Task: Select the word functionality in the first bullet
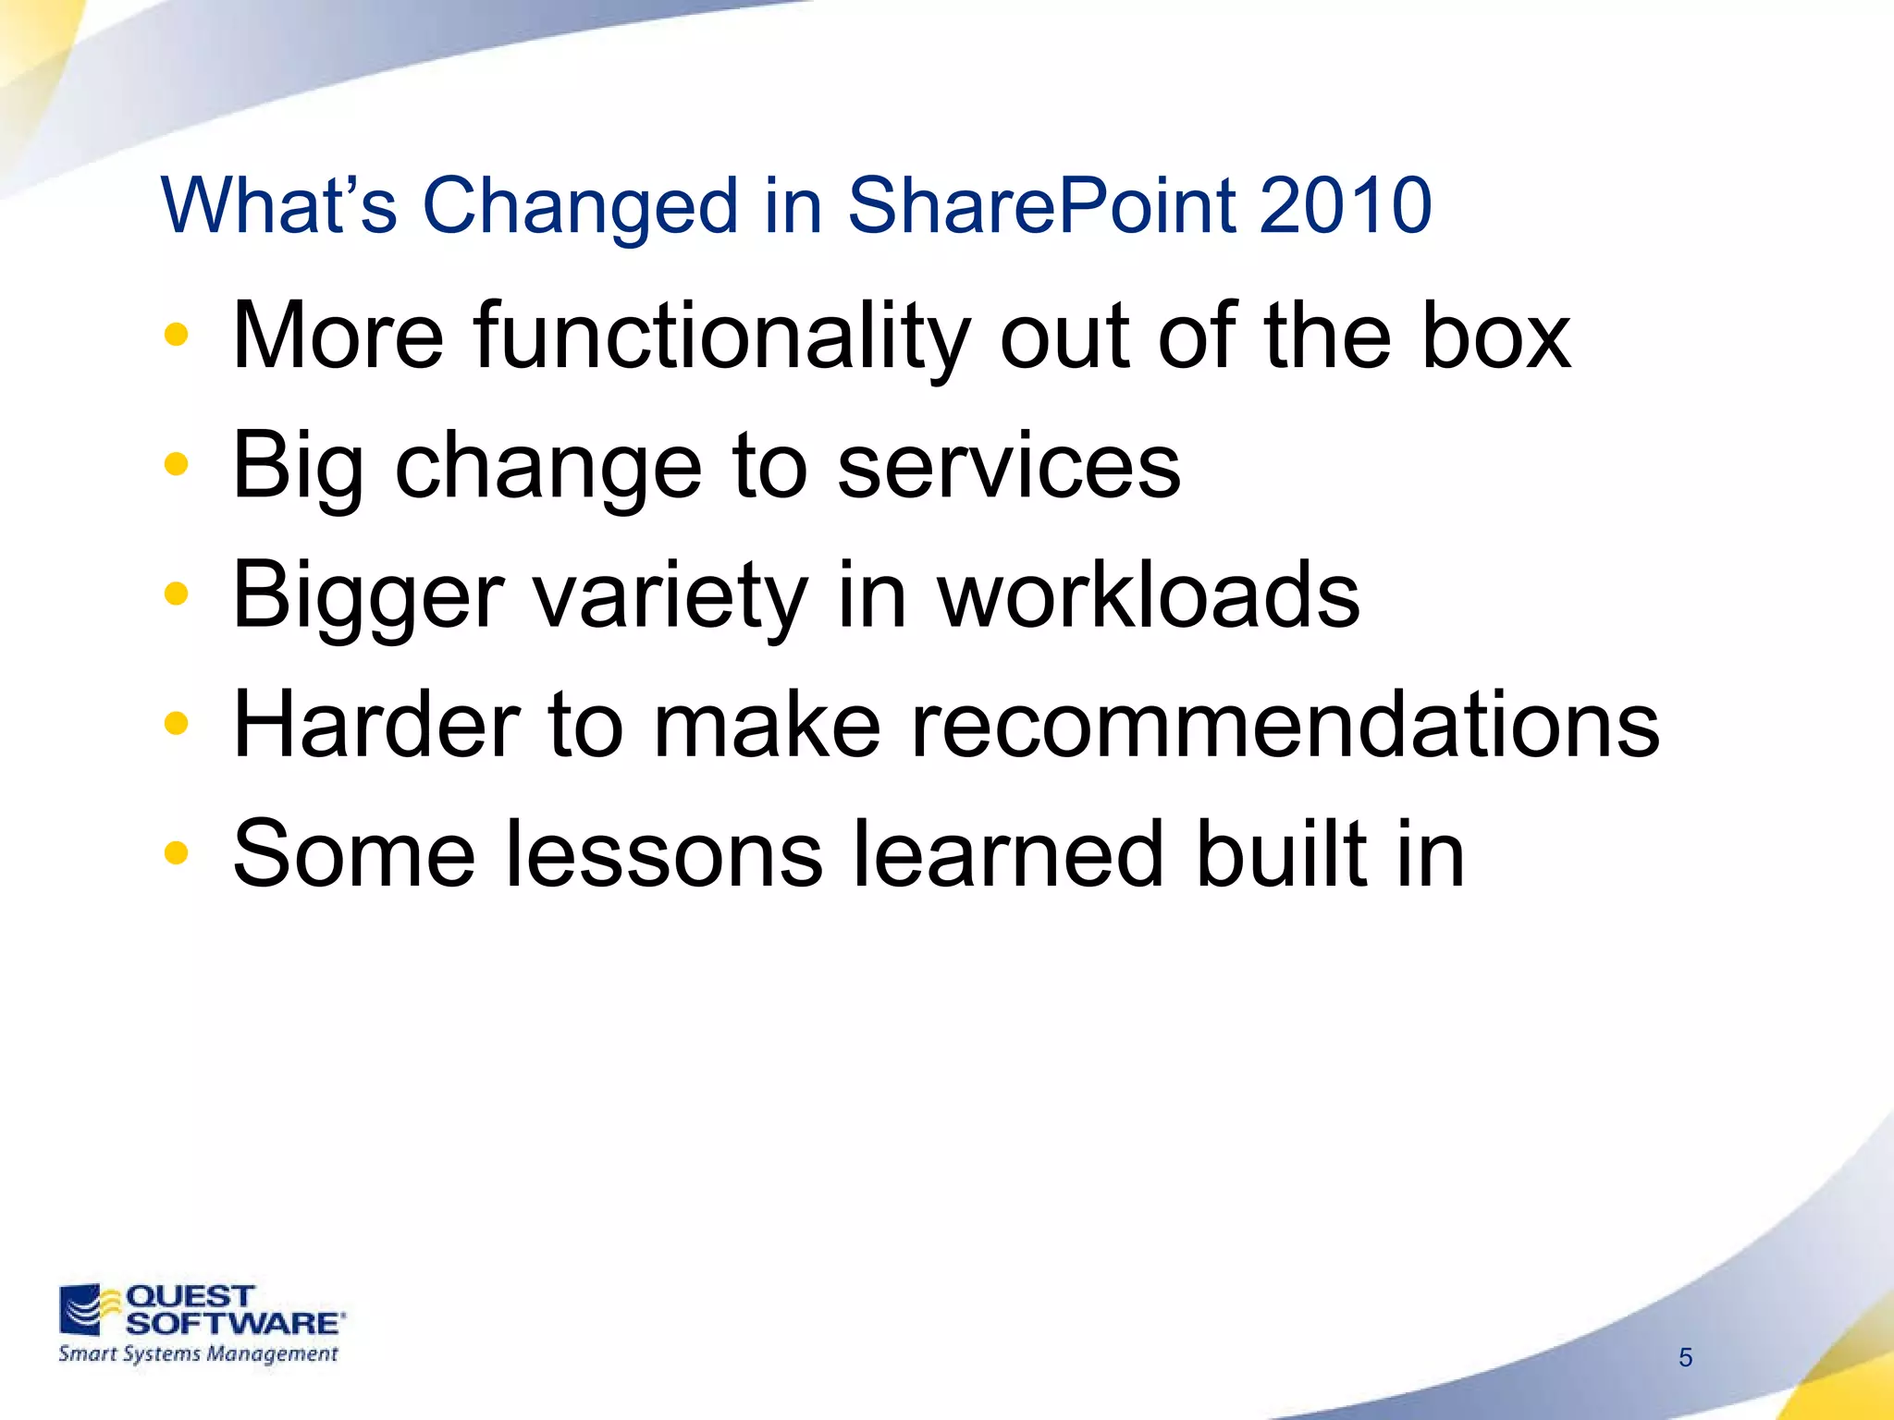(x=721, y=337)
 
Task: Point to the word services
(x=1008, y=467)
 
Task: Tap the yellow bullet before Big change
(x=176, y=465)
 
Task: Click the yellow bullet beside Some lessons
(x=176, y=853)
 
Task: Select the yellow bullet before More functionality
(x=176, y=336)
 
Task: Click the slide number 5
(x=1685, y=1357)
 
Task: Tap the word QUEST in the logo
(x=190, y=1296)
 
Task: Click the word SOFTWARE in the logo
(x=233, y=1323)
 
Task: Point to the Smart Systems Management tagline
(x=198, y=1354)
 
